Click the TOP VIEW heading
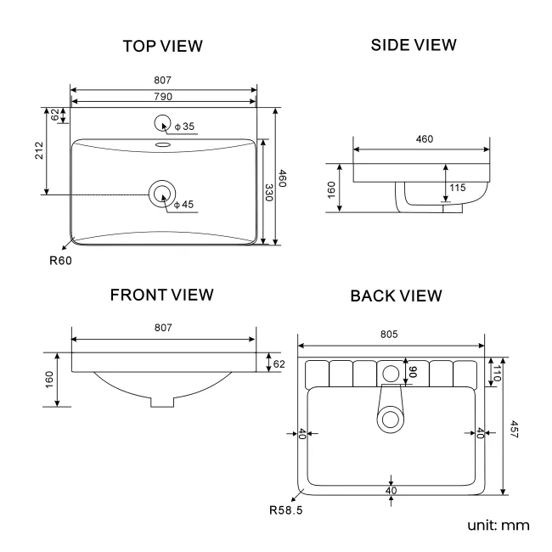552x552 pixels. [x=163, y=47]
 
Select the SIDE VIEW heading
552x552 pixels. [x=414, y=44]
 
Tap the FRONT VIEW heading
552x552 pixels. [x=161, y=295]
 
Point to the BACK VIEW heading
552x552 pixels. [x=396, y=296]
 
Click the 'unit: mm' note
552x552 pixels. [x=498, y=525]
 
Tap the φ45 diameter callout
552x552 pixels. [x=183, y=205]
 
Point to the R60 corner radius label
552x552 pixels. [x=59, y=261]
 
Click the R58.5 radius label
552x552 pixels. [x=286, y=511]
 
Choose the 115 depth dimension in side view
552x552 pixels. [x=457, y=188]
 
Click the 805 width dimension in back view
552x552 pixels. [x=390, y=335]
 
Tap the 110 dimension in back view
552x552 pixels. [x=496, y=369]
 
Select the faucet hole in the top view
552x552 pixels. [x=162, y=124]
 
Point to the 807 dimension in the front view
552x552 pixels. [x=163, y=328]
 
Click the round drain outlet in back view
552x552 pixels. [x=391, y=418]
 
